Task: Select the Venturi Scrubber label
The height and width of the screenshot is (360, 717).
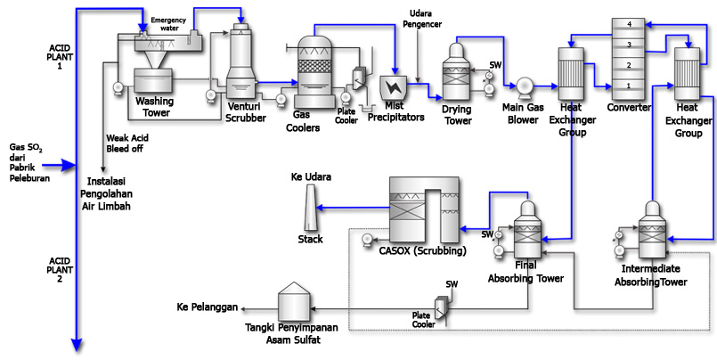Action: click(244, 112)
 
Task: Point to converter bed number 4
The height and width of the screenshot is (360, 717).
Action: click(628, 24)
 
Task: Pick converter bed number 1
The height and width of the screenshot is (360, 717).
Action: click(628, 85)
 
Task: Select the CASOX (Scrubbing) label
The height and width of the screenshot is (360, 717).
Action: click(421, 250)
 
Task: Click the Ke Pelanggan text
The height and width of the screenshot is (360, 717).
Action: click(208, 307)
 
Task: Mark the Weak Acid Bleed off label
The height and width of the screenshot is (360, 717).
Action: click(125, 143)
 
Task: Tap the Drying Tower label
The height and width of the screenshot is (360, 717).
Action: click(457, 115)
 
